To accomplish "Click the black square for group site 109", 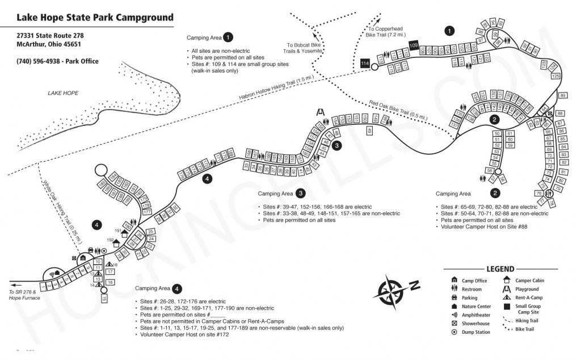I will [414, 45].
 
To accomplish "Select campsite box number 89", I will [563, 95].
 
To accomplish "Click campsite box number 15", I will [104, 298].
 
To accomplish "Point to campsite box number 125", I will [556, 76].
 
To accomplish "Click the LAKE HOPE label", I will [63, 93].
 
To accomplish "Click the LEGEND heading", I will [499, 269].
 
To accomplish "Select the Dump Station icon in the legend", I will [454, 332].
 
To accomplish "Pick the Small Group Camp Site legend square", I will [507, 307].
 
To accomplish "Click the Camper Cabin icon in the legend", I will [507, 280].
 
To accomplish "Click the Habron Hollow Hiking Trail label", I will [276, 90].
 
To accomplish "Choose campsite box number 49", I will [369, 131].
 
